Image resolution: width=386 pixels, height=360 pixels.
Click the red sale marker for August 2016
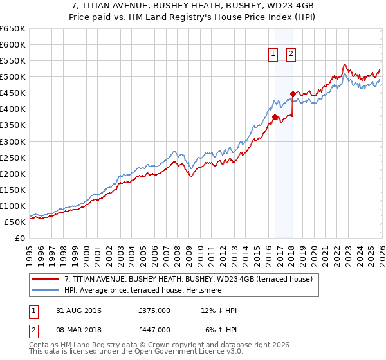click(x=275, y=117)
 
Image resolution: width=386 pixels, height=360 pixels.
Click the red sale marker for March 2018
click(x=293, y=94)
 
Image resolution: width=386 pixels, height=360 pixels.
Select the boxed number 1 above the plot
click(x=274, y=55)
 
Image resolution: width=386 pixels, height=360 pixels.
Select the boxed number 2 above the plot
click(x=291, y=55)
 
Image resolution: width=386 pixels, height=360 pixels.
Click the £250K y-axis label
click(x=13, y=157)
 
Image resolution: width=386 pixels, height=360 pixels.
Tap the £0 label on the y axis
click(x=21, y=239)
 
